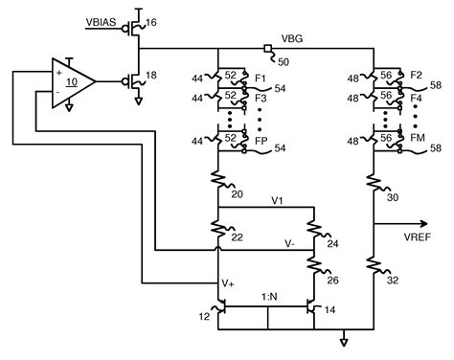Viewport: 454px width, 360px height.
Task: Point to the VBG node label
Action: pos(292,38)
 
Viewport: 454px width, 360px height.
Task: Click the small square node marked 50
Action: pos(268,48)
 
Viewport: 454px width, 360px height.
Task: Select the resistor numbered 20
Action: pos(219,180)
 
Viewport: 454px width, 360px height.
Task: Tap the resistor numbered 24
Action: pos(310,230)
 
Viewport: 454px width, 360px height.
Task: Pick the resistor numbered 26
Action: pos(310,264)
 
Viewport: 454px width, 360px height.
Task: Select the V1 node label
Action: pos(277,201)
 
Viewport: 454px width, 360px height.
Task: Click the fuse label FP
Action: pos(260,141)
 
